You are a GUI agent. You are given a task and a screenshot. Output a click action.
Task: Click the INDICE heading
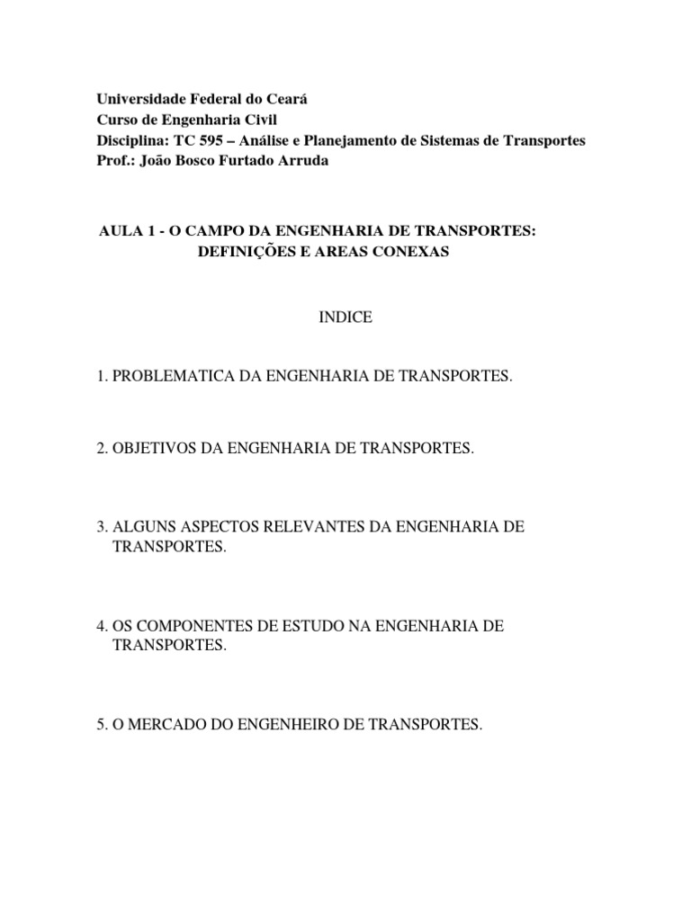point(345,318)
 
